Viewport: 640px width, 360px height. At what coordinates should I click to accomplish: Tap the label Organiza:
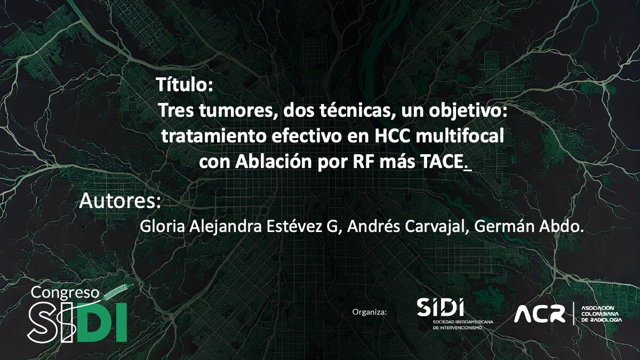(x=370, y=311)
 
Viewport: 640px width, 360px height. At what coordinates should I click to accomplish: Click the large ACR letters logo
(x=539, y=314)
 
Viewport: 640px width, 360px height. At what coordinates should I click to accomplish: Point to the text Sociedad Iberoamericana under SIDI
(x=463, y=322)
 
